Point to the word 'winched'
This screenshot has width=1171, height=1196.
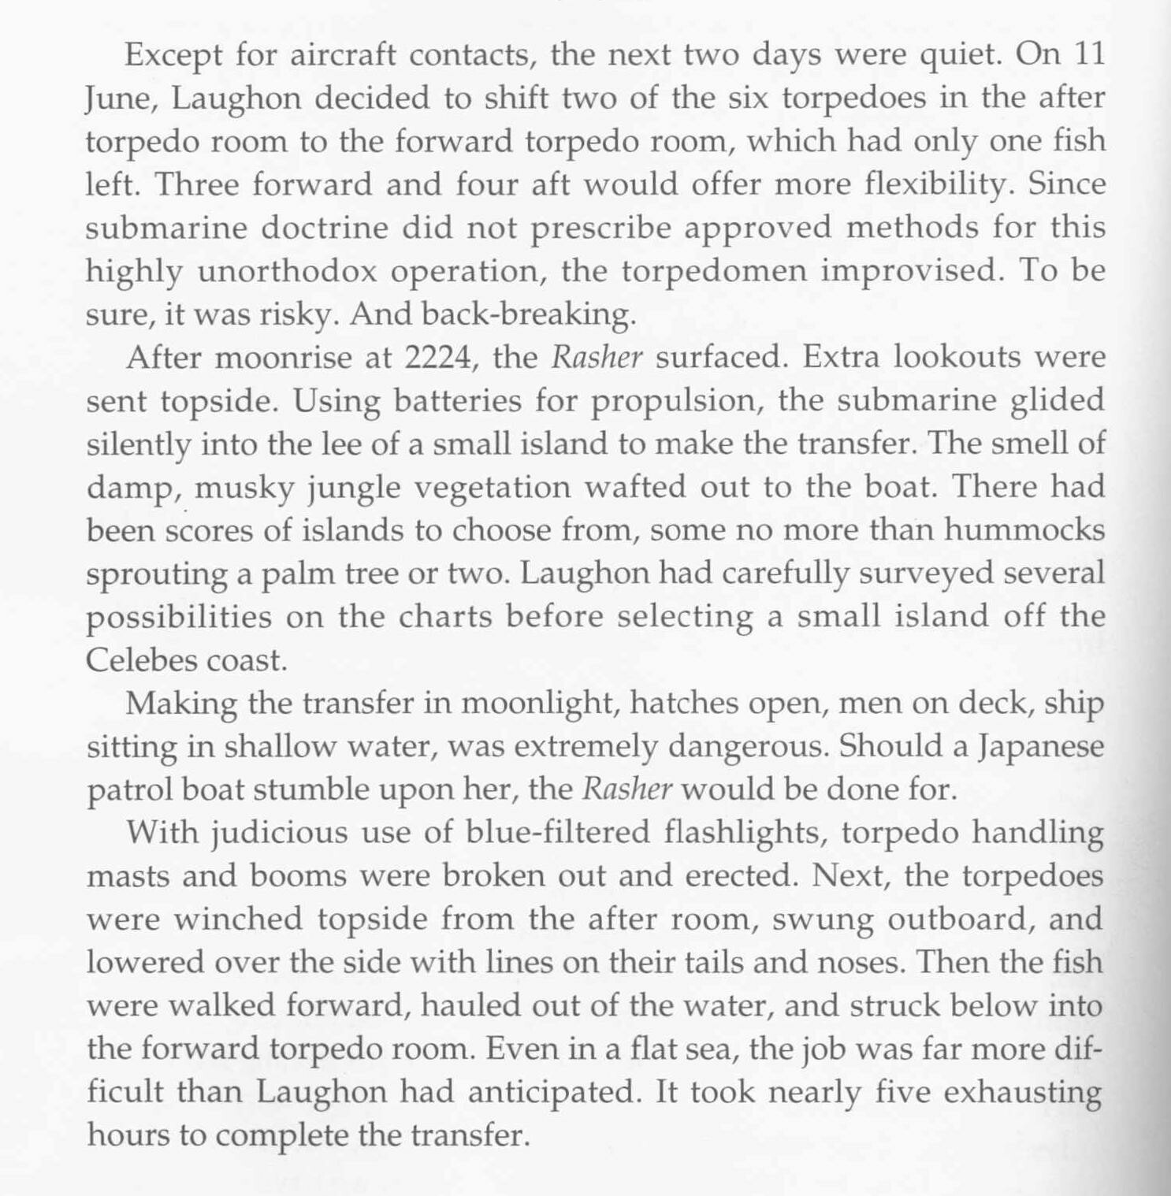[237, 919]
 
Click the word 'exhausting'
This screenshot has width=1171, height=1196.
[1022, 1092]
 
